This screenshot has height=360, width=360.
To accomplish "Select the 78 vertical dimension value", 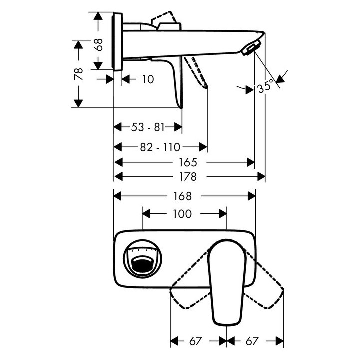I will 78,73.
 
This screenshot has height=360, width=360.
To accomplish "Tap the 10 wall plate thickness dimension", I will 148,79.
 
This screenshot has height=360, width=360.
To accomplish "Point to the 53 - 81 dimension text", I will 148,127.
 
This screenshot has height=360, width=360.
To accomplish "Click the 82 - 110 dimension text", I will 160,147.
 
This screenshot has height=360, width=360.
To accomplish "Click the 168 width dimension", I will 185,196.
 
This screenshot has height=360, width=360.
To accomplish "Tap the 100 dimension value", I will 182,214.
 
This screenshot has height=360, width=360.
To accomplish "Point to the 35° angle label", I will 265,86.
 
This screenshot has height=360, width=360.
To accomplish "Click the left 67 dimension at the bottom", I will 196,341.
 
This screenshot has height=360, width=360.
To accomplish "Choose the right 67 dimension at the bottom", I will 253,341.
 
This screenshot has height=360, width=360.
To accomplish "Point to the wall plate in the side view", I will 118,42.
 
